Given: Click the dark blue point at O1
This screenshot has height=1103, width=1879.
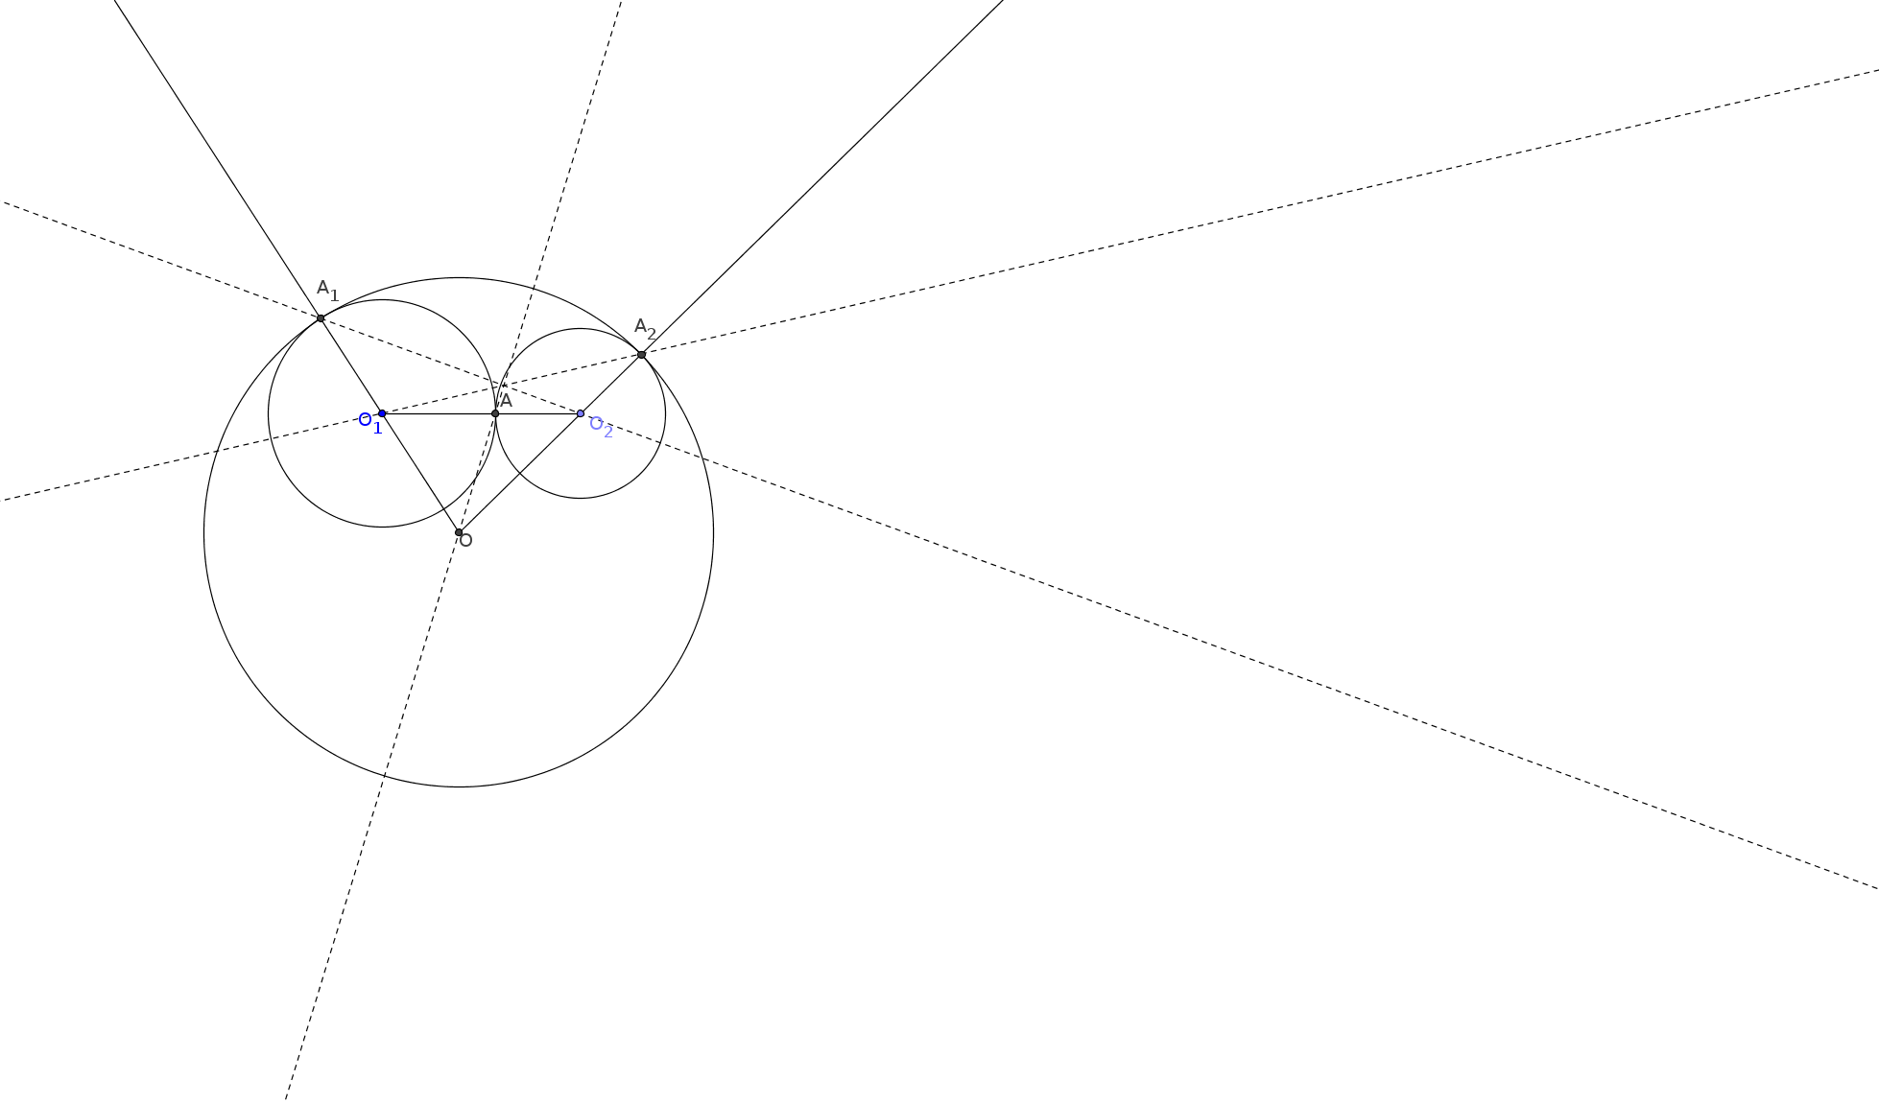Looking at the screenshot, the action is point(382,413).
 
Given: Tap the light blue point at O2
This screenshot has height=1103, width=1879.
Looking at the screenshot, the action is point(581,413).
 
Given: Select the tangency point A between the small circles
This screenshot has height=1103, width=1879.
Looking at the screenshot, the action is point(495,413).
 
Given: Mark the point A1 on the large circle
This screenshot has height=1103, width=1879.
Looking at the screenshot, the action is point(321,318).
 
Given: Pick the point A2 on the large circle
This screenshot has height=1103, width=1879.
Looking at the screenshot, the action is point(642,355).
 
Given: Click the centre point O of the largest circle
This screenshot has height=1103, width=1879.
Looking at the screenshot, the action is point(459,532).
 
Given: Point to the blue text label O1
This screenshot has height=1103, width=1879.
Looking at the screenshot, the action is point(370,423).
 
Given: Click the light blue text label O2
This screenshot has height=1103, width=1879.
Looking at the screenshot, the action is point(601,427).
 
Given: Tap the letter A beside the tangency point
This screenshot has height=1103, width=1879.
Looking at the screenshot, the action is point(507,401).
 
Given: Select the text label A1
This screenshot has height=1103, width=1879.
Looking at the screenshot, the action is point(328,290).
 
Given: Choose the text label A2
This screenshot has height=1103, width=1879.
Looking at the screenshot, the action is point(646,329).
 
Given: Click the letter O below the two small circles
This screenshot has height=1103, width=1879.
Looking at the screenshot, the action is point(466,541).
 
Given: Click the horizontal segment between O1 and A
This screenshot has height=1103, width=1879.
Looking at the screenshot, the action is point(439,413).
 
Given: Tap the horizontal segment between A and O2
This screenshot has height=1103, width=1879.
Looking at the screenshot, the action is point(537,413).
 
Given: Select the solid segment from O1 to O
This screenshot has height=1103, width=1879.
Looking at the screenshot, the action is point(420,473).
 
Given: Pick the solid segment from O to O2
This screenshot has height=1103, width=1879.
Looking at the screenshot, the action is point(519,473).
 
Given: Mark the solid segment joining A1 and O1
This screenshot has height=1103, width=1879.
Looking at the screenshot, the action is point(351,365).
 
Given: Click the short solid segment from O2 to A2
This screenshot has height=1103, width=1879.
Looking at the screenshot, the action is point(611,384).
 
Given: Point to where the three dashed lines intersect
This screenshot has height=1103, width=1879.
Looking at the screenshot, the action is point(507,385).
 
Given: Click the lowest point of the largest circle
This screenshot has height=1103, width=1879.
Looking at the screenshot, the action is point(459,786).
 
